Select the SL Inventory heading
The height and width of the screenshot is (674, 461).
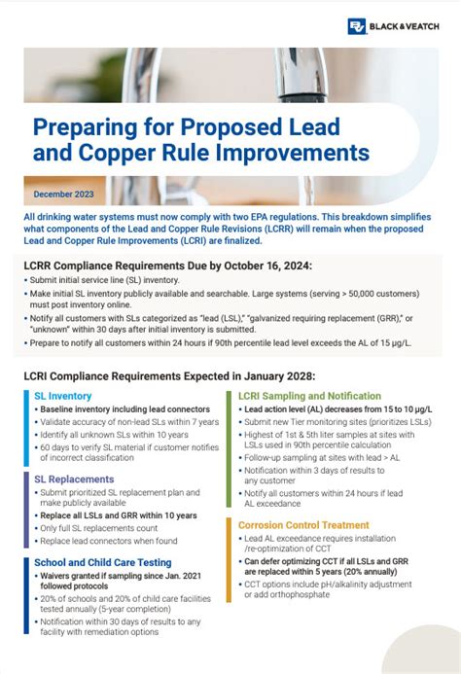63,396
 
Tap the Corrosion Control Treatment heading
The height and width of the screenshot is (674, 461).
302,524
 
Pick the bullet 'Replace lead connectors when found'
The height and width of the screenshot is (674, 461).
108,542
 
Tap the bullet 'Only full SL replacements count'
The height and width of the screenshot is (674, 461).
100,528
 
